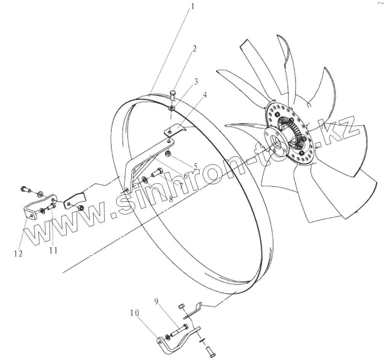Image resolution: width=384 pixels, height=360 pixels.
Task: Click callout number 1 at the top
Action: (x=193, y=7)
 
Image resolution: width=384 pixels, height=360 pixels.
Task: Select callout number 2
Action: (x=194, y=49)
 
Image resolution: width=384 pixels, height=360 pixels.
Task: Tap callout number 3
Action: (x=196, y=82)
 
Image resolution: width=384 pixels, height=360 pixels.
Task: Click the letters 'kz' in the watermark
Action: (x=335, y=131)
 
